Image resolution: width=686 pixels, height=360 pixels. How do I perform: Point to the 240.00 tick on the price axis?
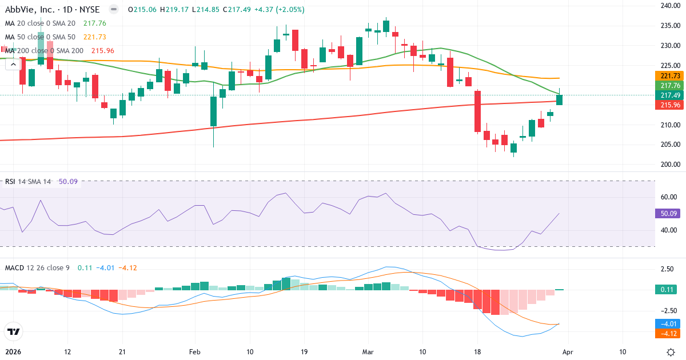point(669,6)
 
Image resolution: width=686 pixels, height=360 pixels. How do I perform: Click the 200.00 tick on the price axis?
point(669,165)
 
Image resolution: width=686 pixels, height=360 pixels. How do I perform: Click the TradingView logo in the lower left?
point(13,331)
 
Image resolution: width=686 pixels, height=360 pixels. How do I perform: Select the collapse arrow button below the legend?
point(13,64)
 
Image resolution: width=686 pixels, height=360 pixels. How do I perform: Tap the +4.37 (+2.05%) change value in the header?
point(280,10)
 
